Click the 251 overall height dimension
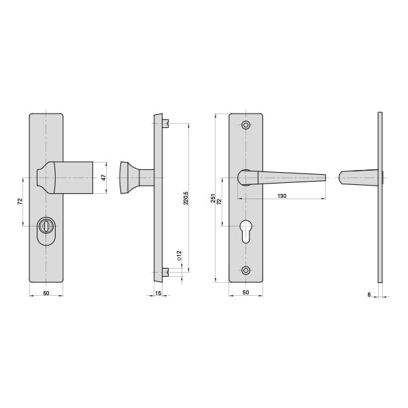pyautogui.click(x=213, y=199)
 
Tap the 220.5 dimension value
pyautogui.click(x=186, y=198)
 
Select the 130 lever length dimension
pyautogui.click(x=282, y=196)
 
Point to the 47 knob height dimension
pyautogui.click(x=103, y=177)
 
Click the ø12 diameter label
pyautogui.click(x=179, y=256)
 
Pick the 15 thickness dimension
pyautogui.click(x=158, y=293)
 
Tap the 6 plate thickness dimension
pyautogui.click(x=369, y=294)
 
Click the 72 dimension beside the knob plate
pyautogui.click(x=20, y=201)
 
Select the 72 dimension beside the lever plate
pyautogui.click(x=219, y=201)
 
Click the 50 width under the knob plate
pyautogui.click(x=46, y=293)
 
